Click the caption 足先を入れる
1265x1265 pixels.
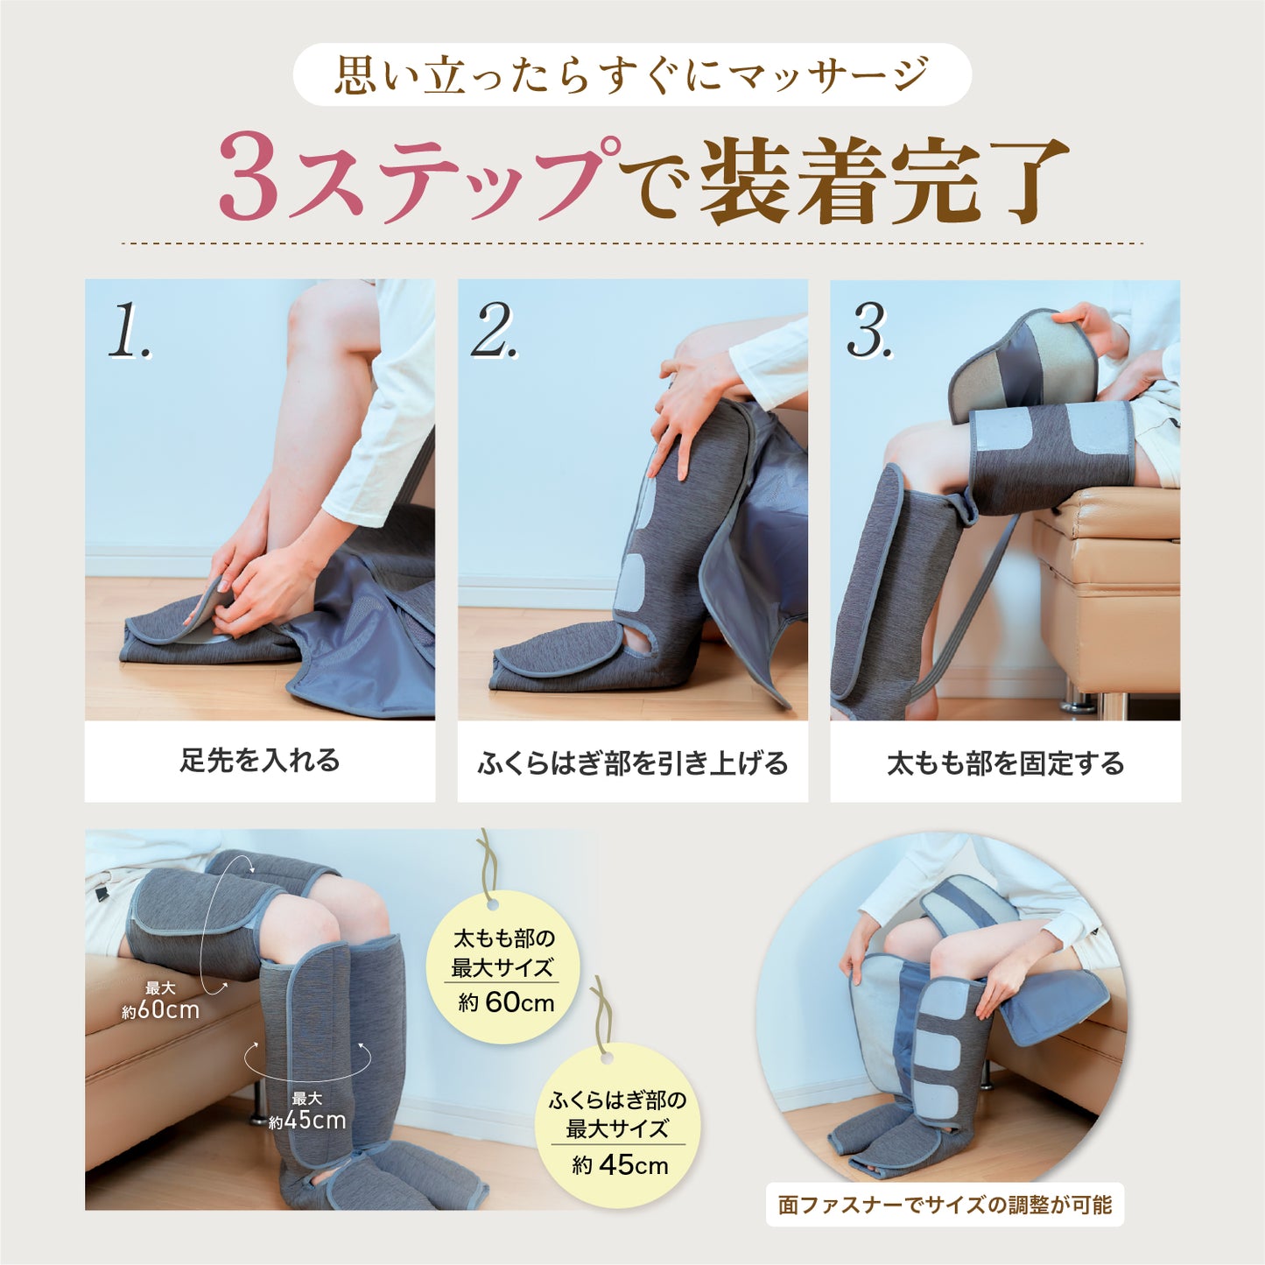[260, 760]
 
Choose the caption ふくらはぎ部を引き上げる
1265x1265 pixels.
[632, 763]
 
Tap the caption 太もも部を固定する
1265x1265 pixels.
[1005, 763]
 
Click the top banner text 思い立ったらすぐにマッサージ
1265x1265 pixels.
[631, 74]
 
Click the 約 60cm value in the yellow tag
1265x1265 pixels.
[506, 1002]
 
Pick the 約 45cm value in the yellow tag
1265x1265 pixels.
[620, 1165]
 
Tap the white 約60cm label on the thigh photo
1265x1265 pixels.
[160, 1010]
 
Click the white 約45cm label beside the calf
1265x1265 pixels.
[306, 1121]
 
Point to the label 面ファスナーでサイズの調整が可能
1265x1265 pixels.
[945, 1205]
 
